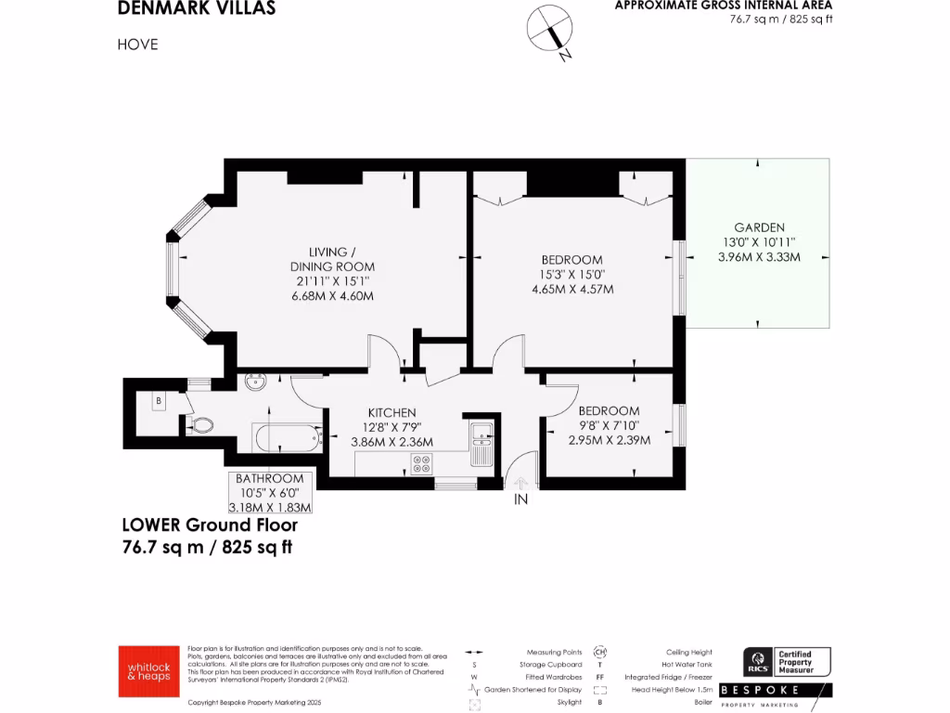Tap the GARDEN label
click(759, 227)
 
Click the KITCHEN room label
click(392, 412)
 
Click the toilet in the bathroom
click(201, 426)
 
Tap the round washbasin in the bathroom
click(255, 381)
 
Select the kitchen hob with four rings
click(421, 463)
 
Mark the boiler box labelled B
click(160, 401)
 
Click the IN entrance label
click(520, 499)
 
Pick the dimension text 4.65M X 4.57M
click(572, 289)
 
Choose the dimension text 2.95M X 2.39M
click(609, 440)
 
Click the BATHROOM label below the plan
click(270, 478)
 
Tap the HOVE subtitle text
click(138, 44)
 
